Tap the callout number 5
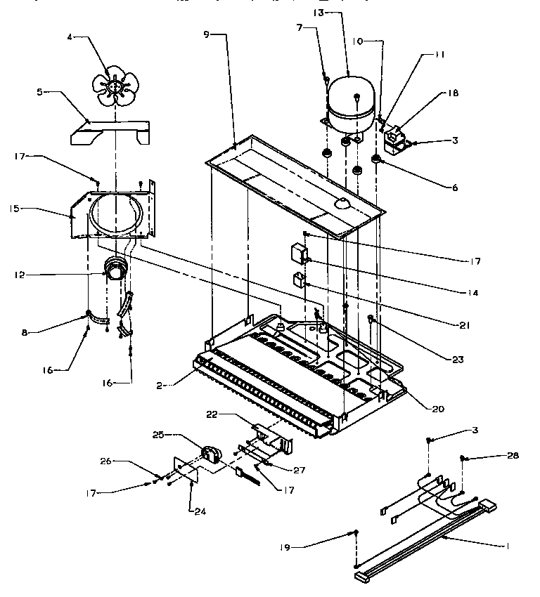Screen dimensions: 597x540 pos(41,92)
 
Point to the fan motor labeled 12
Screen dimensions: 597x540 pos(114,270)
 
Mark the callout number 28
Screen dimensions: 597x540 pos(512,456)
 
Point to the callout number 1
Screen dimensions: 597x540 pos(508,546)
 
